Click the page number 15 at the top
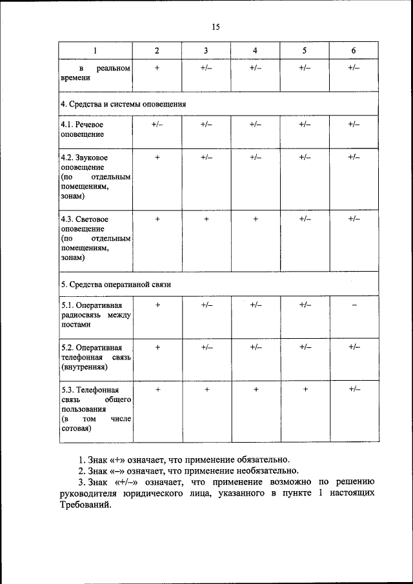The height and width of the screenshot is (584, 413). (216, 26)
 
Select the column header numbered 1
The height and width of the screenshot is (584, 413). (96, 50)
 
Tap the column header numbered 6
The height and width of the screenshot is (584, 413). (353, 50)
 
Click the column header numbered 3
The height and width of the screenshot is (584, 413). (206, 50)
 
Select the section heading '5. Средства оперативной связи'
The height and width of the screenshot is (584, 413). (116, 284)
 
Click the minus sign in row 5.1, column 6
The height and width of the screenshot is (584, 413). (354, 305)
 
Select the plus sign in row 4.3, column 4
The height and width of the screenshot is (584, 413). (256, 219)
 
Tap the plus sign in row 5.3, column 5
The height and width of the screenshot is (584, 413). (305, 390)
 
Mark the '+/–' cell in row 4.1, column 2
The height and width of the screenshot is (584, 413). (157, 125)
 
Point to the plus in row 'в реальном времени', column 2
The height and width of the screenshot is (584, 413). (157, 68)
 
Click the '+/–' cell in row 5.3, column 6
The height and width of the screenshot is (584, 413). (354, 390)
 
